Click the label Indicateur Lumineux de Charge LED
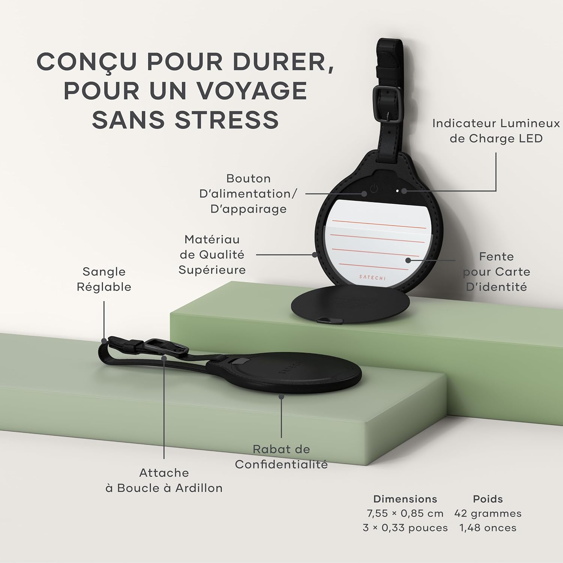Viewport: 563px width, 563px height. click(x=496, y=131)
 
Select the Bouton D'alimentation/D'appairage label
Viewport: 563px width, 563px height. click(x=248, y=194)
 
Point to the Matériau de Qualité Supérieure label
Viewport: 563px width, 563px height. click(x=212, y=254)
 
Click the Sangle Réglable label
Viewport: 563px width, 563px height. click(x=104, y=279)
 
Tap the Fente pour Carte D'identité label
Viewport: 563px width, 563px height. click(x=496, y=272)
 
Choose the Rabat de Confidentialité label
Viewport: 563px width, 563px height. click(x=281, y=457)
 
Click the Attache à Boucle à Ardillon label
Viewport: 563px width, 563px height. click(x=164, y=480)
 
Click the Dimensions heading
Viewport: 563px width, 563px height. click(x=405, y=499)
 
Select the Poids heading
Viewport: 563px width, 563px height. click(x=488, y=499)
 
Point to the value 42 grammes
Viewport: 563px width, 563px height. click(x=488, y=513)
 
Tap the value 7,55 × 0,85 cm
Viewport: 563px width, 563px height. click(x=405, y=513)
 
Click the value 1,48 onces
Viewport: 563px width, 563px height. click(x=488, y=528)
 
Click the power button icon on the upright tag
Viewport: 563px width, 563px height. click(x=374, y=189)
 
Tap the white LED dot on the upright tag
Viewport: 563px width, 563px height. click(x=397, y=191)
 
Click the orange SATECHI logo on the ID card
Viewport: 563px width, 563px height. click(x=372, y=277)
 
